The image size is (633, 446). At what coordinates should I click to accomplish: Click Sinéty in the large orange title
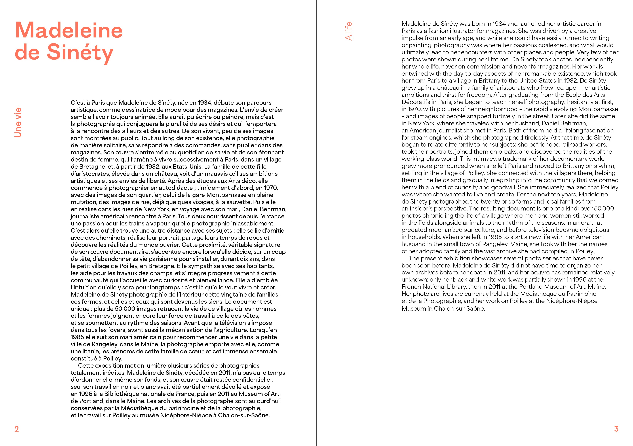80,52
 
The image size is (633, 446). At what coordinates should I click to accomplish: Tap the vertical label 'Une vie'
18,122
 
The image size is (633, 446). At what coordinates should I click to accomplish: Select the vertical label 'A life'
349,31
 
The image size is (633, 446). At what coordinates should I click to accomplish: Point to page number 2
17,429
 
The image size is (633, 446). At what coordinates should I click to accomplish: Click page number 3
616,429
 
